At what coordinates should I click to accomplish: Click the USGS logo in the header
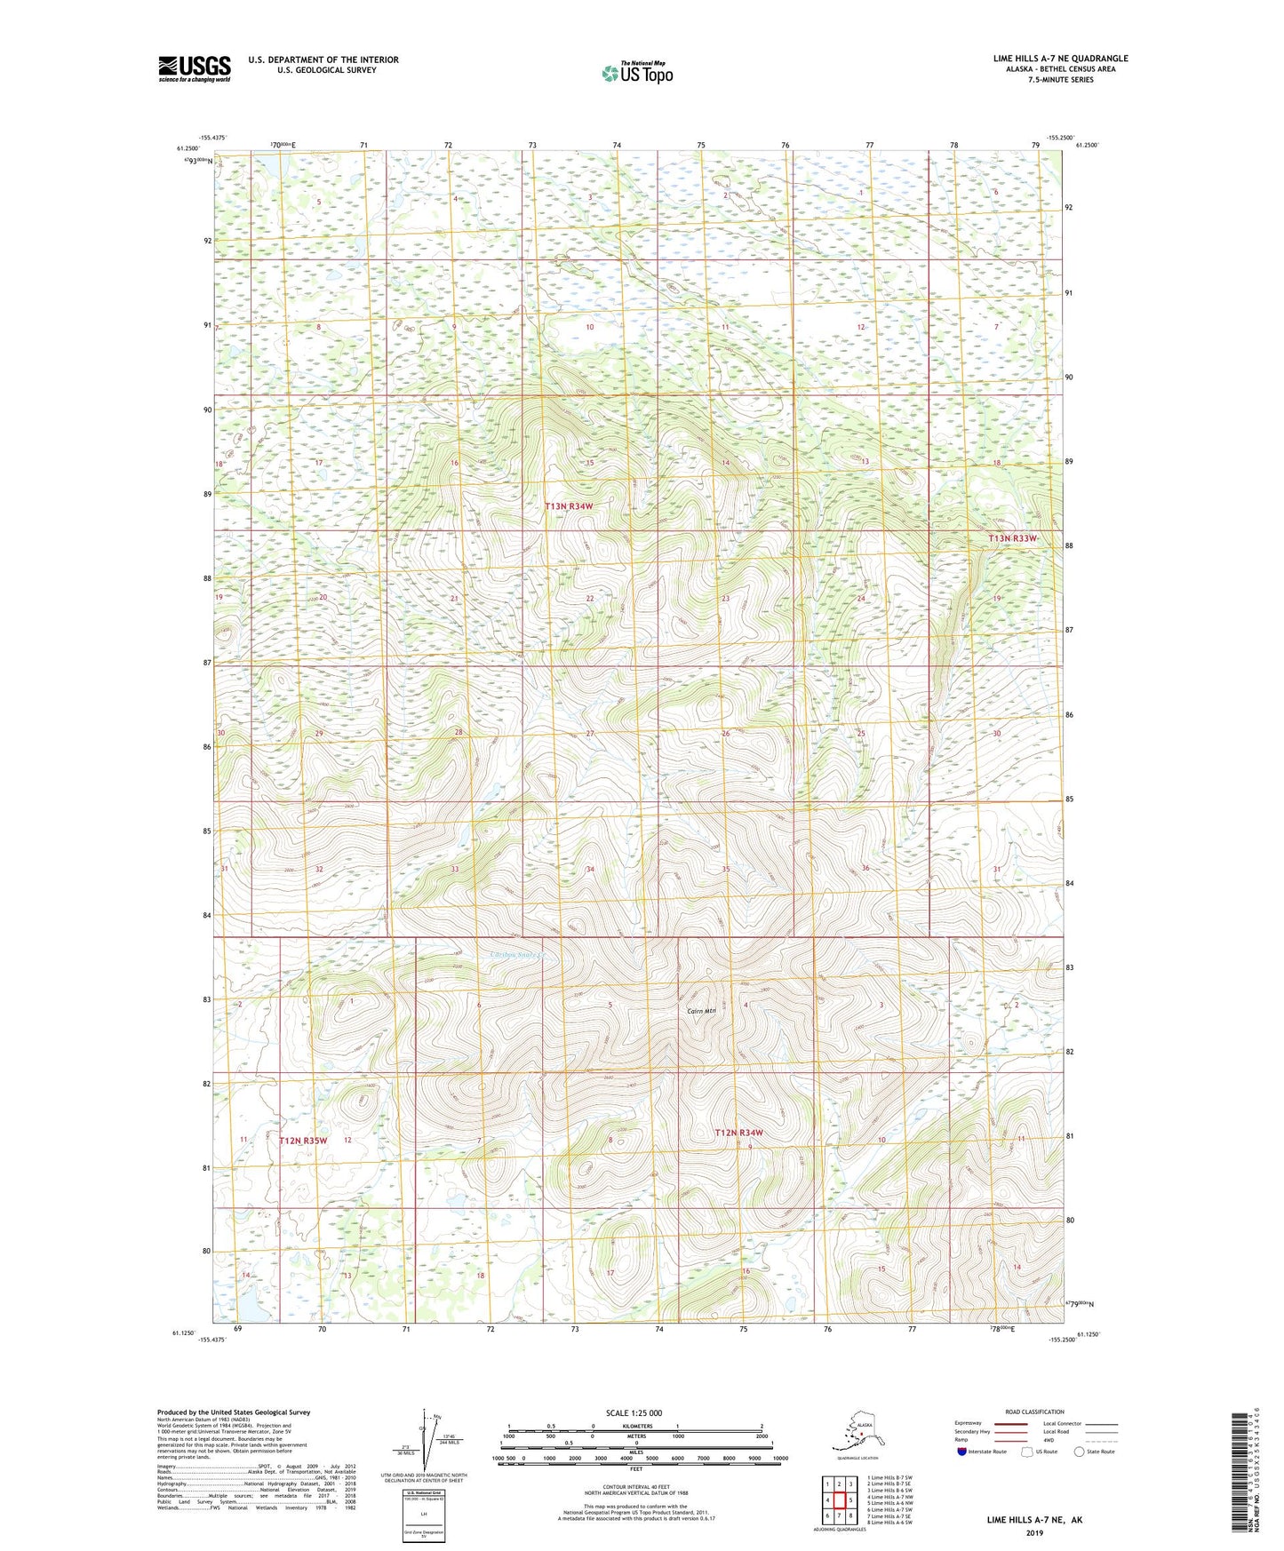coord(194,68)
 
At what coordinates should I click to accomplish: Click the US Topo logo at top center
coord(636,73)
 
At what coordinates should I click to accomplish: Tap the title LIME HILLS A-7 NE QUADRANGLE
coord(1060,59)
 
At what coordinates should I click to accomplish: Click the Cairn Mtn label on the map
coord(701,1011)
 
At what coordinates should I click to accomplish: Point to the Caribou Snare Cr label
coord(521,957)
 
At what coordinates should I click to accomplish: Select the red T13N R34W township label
coord(569,506)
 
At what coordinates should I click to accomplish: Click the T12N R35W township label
coord(304,1140)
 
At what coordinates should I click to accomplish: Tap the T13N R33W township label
coord(1013,539)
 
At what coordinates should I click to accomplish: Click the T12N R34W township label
coord(739,1133)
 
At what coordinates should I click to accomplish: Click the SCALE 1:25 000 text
coord(634,1413)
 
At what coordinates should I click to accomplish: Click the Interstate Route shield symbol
coord(962,1452)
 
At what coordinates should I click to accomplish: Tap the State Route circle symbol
coord(1079,1452)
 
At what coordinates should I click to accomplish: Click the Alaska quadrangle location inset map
coord(855,1436)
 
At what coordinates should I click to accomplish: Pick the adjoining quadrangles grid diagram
coord(838,1501)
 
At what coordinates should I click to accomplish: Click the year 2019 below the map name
coord(1033,1533)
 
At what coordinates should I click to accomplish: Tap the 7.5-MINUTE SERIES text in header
coord(1060,80)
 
